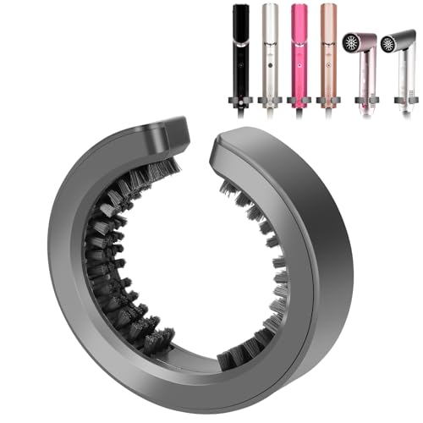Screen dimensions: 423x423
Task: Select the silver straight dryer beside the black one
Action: click(269, 51)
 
